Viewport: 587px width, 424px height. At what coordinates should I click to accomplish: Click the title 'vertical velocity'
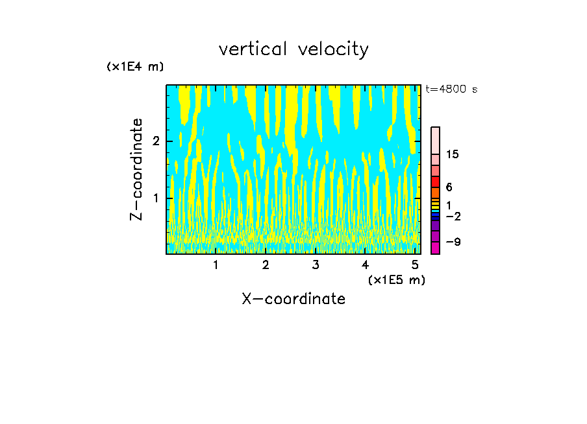(x=293, y=49)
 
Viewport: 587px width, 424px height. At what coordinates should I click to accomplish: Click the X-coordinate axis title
(x=293, y=299)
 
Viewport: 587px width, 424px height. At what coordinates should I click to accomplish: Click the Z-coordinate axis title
(x=136, y=169)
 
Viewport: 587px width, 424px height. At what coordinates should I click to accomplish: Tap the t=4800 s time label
(x=451, y=89)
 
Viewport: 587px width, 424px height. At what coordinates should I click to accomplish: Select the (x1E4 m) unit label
(x=135, y=67)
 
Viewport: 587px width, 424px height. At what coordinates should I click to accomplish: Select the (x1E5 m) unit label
(x=396, y=279)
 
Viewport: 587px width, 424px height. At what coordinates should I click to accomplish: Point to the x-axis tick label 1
(x=216, y=265)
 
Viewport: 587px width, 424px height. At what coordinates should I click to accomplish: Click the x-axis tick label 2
(x=266, y=265)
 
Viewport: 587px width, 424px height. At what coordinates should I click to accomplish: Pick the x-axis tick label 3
(x=316, y=265)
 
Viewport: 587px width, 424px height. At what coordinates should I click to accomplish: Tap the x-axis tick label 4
(x=365, y=265)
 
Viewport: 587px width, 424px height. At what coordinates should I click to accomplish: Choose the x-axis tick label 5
(x=415, y=265)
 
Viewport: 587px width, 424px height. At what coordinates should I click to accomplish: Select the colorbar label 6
(x=449, y=187)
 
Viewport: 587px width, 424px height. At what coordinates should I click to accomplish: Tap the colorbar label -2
(x=453, y=216)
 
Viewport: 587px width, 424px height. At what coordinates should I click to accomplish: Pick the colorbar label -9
(x=453, y=242)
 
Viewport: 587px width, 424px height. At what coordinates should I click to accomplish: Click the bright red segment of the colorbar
(x=435, y=182)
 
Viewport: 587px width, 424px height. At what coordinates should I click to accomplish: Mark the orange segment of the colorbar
(x=435, y=193)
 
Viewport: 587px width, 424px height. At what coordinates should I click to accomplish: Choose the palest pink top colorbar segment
(x=435, y=140)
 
